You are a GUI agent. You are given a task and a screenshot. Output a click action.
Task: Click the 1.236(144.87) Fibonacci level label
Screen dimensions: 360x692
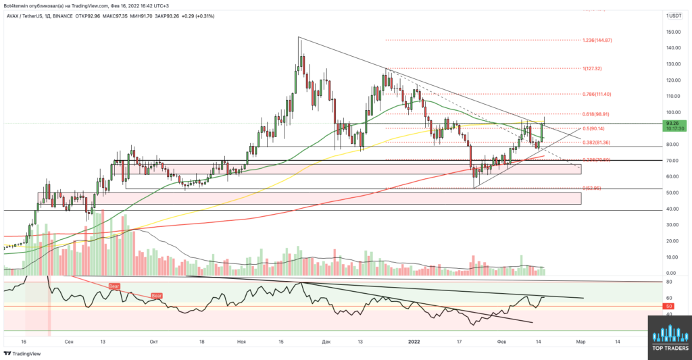pos(597,41)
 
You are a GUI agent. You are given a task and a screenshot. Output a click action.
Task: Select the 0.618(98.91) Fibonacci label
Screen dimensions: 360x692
pos(595,114)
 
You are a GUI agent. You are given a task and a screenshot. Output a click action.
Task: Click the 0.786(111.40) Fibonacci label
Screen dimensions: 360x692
pos(595,95)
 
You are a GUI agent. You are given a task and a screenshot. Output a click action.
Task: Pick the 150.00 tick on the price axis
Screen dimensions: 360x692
pos(672,32)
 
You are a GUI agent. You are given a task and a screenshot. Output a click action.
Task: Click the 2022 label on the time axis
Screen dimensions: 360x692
pos(414,342)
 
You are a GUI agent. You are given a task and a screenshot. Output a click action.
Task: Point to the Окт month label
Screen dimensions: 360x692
pos(154,342)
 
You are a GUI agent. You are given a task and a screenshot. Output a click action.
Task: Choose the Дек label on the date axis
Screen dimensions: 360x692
pos(327,342)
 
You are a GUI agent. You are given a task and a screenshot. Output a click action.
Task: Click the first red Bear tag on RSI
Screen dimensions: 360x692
pos(116,287)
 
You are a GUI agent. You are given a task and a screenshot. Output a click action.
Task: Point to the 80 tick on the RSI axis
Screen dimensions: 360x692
pos(668,282)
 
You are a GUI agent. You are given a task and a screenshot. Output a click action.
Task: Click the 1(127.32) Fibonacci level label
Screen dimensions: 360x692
pos(593,69)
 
